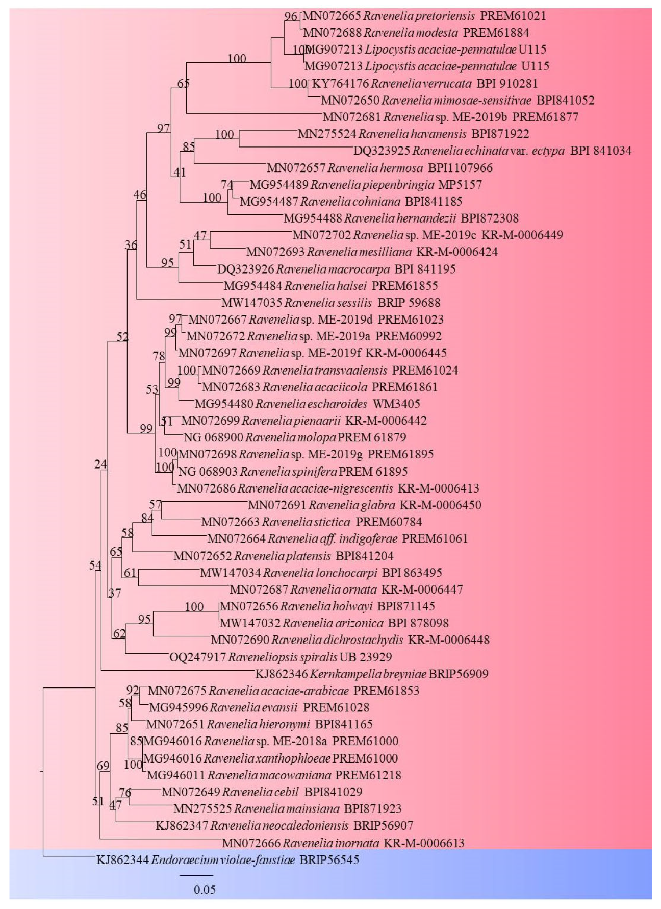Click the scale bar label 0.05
[205, 890]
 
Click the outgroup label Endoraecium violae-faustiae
[223, 860]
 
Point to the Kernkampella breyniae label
[367, 674]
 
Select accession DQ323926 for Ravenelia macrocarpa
[246, 269]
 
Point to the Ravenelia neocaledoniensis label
[279, 825]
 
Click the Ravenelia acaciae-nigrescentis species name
[315, 488]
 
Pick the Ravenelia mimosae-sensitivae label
[456, 100]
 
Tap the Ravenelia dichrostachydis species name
[337, 640]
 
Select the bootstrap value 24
[100, 464]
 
